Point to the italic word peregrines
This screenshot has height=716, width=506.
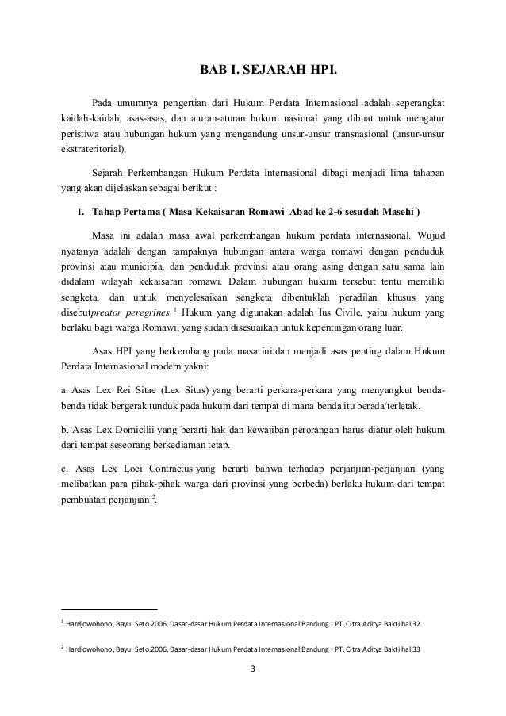[142, 313]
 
